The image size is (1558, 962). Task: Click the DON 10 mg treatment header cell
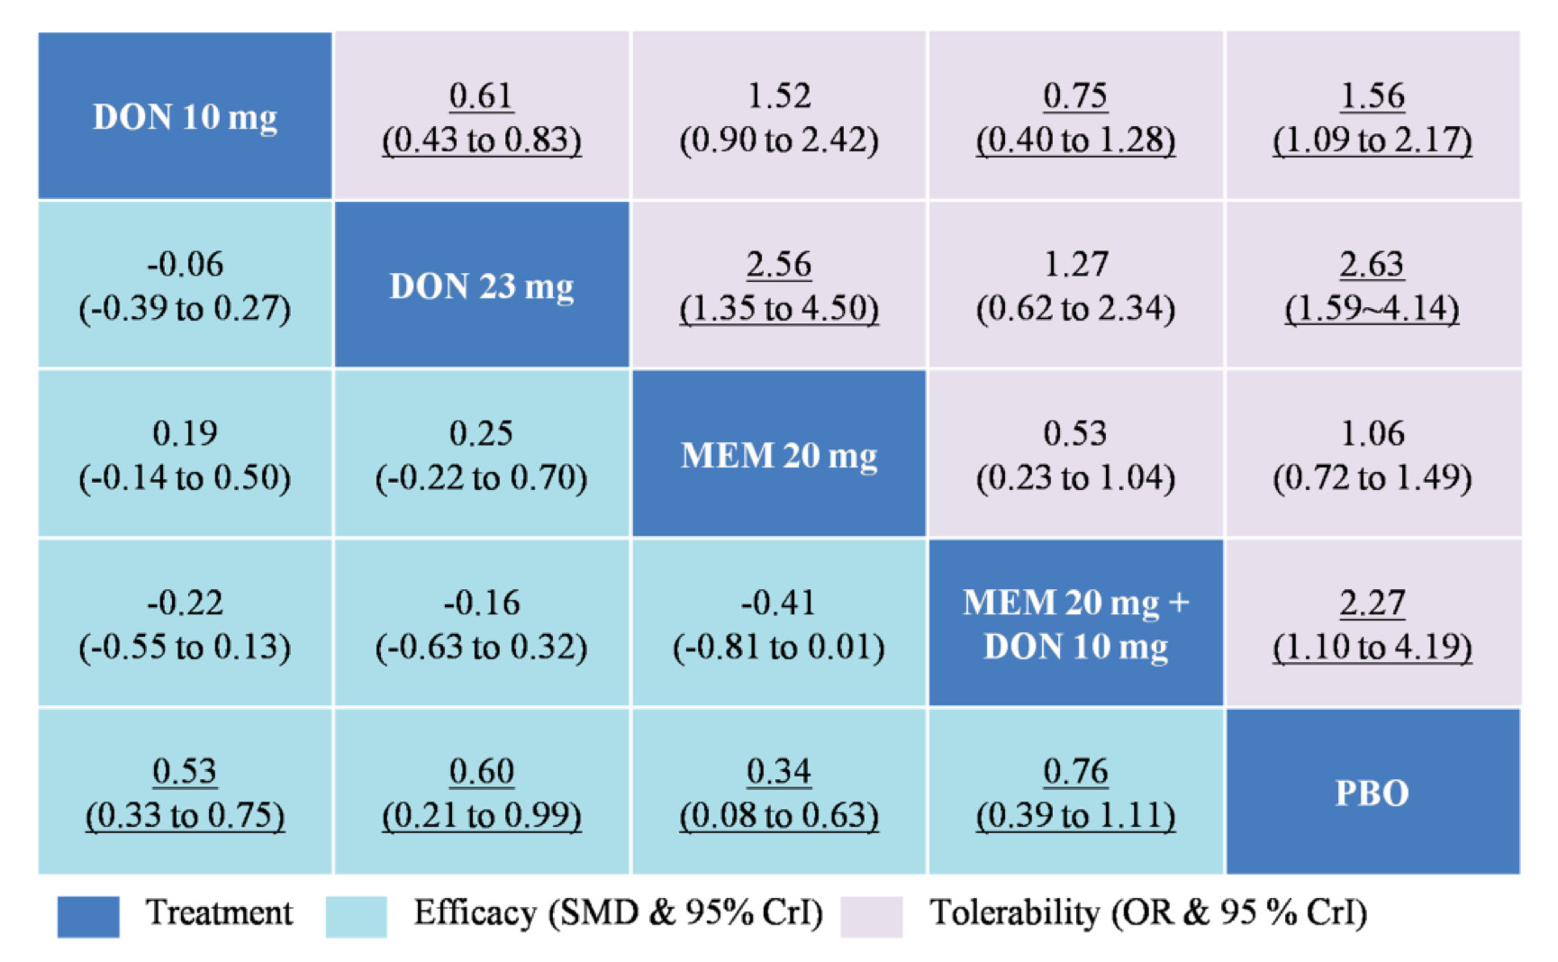(185, 116)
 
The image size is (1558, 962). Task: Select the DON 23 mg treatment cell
(482, 286)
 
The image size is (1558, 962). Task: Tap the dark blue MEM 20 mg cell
(779, 454)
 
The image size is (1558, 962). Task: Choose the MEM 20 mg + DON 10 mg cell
(1076, 623)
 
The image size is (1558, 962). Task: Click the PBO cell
(1372, 792)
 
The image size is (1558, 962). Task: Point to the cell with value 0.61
(482, 116)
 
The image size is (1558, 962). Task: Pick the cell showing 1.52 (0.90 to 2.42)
(779, 116)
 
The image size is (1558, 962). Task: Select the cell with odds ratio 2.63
(1372, 286)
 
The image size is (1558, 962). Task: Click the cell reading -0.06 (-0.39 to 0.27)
(185, 286)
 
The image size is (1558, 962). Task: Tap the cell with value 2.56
(779, 286)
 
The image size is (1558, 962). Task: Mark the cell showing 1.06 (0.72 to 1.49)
(1372, 454)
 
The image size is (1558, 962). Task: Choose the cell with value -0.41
(779, 623)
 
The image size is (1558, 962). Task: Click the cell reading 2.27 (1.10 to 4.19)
(1372, 623)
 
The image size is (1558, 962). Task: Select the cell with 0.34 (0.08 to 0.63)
(779, 792)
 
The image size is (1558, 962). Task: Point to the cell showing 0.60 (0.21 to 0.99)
(482, 792)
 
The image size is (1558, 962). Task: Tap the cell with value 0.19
(185, 454)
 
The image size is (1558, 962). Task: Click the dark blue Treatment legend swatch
(88, 916)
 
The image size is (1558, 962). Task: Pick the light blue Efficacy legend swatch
(356, 916)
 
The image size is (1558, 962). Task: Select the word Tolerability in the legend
(1014, 913)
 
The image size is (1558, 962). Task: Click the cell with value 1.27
(1076, 286)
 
